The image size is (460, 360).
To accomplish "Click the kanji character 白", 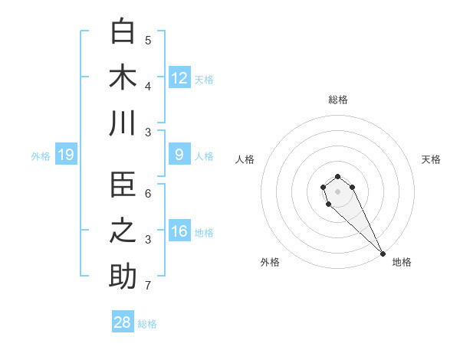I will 123,31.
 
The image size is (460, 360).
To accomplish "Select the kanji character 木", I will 123,77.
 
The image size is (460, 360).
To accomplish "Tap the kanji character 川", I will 123,123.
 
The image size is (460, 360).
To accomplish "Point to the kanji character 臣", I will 123,186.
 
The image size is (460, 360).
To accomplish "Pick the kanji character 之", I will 123,232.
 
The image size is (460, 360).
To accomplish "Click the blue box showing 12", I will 179,77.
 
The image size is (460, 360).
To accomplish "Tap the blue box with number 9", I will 179,155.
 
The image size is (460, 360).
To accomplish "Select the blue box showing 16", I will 179,232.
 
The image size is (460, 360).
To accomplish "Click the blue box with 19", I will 66,155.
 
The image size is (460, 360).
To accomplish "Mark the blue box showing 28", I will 123,322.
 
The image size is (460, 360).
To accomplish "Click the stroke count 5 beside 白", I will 148,40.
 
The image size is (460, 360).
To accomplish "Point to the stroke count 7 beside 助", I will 148,286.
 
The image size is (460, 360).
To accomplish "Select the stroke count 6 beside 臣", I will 148,194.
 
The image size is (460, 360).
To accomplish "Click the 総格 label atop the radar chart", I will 337,100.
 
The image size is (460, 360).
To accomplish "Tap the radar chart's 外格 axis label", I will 270,262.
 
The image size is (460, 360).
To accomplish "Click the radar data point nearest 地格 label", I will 383,254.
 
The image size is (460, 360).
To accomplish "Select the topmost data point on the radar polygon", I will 337,177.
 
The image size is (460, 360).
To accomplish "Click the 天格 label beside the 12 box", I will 203,80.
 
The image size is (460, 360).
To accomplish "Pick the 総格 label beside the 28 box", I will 147,324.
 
